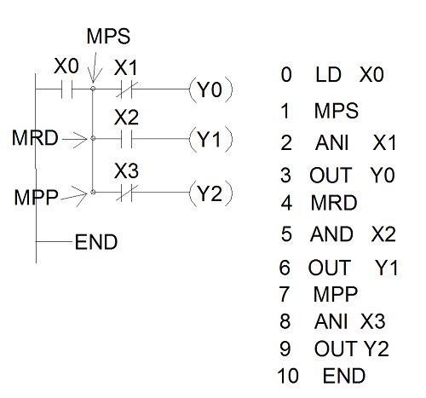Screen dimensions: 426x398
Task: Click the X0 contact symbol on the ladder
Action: click(67, 89)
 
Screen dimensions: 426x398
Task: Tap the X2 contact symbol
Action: click(127, 139)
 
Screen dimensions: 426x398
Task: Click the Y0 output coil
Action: click(210, 89)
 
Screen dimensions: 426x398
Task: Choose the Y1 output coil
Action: click(210, 139)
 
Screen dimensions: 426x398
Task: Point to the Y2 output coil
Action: click(210, 193)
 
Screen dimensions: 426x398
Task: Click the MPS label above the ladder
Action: click(108, 36)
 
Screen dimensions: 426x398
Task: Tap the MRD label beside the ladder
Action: click(35, 137)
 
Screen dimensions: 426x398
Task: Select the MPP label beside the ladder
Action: click(36, 197)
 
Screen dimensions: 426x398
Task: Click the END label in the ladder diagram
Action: click(96, 242)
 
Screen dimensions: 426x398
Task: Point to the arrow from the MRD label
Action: click(74, 139)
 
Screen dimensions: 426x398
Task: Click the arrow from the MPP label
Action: click(74, 196)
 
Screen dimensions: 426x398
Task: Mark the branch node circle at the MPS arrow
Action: click(93, 89)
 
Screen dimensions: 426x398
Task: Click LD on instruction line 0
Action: click(328, 74)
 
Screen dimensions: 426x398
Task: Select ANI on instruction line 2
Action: click(331, 142)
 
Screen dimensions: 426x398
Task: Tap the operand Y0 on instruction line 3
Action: click(383, 175)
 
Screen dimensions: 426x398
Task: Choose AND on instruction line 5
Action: click(331, 234)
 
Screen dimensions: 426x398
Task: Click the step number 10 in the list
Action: click(288, 376)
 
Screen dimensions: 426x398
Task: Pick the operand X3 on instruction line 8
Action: click(373, 321)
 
